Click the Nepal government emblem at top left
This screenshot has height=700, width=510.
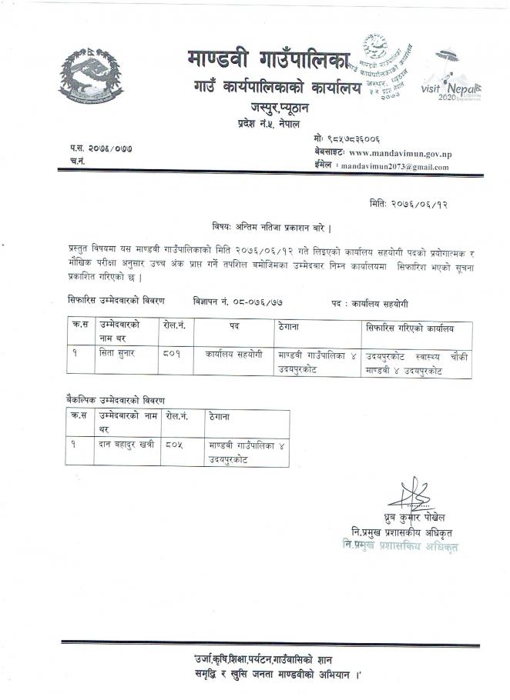coord(91,77)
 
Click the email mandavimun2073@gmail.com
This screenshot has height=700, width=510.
coord(394,166)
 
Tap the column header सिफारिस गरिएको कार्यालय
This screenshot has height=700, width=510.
coord(409,328)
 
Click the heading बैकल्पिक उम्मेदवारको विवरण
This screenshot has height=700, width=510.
coord(116,400)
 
